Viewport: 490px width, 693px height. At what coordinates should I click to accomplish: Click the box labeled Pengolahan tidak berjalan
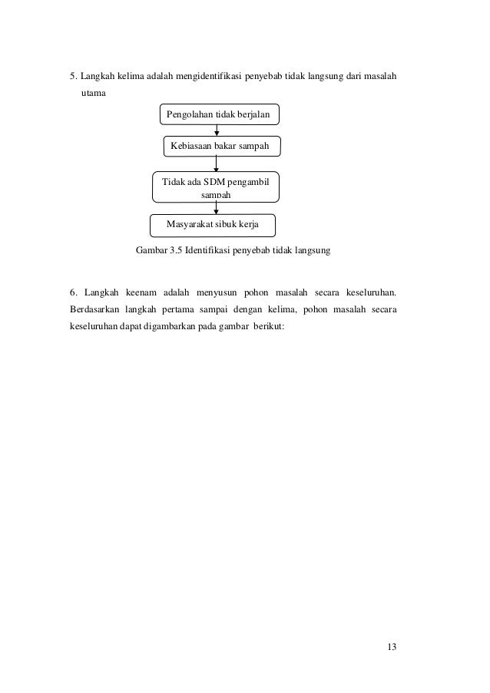coord(219,115)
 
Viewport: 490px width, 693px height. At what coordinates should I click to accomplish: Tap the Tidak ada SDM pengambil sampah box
coord(215,186)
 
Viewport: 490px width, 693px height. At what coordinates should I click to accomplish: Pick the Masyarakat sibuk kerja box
coord(213,225)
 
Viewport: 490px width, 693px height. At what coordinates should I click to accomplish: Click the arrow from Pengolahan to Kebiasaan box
coord(217,131)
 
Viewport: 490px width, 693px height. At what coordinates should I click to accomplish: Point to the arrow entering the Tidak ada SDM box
coord(217,163)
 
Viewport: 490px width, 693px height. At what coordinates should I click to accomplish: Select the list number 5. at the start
coord(74,77)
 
